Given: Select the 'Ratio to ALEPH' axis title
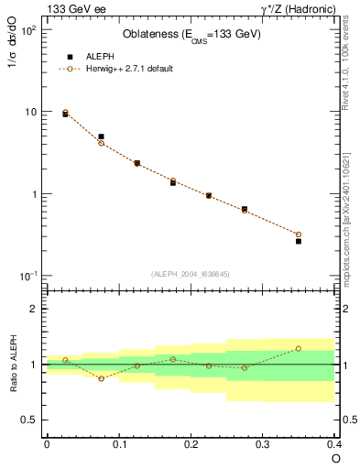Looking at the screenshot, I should (13, 365).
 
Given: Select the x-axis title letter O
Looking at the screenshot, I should (334, 457).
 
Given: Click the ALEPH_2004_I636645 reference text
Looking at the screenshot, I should (191, 274).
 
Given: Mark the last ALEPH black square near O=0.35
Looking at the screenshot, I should (299, 242).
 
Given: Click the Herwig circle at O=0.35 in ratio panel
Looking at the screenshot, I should (299, 348).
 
